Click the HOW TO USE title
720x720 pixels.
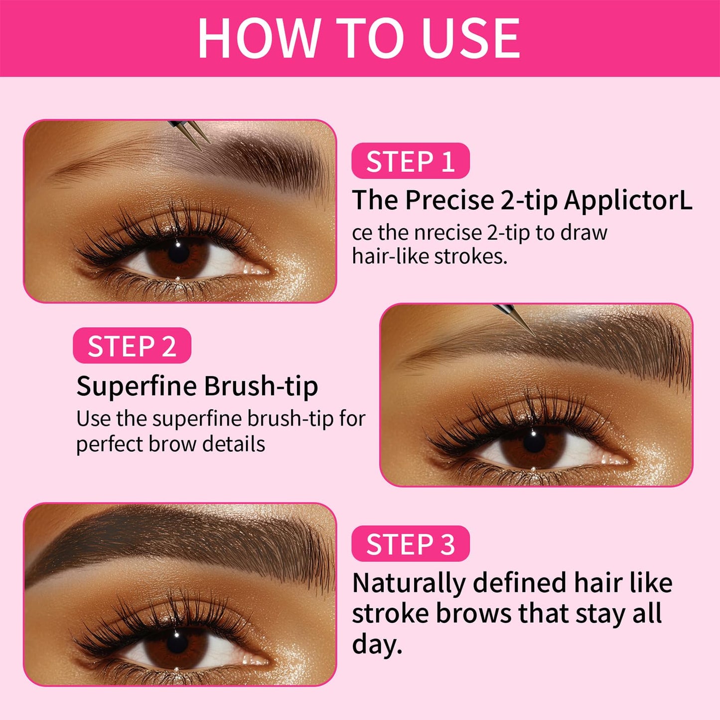pyautogui.click(x=359, y=38)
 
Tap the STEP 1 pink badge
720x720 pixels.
pyautogui.click(x=410, y=161)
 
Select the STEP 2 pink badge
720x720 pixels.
pyautogui.click(x=132, y=346)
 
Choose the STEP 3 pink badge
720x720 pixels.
pyautogui.click(x=410, y=544)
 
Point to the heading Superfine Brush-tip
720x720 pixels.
pyautogui.click(x=197, y=386)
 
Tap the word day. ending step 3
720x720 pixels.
pyautogui.click(x=377, y=644)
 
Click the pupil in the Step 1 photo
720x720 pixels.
pyautogui.click(x=178, y=252)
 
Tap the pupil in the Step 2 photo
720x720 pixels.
pyautogui.click(x=534, y=441)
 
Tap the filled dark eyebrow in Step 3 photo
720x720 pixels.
pyautogui.click(x=179, y=543)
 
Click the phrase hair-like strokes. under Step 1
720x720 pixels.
pyautogui.click(x=430, y=256)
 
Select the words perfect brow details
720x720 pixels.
pyautogui.click(x=170, y=443)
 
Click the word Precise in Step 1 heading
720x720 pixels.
pyautogui.click(x=449, y=201)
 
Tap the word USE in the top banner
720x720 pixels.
pyautogui.click(x=470, y=38)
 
